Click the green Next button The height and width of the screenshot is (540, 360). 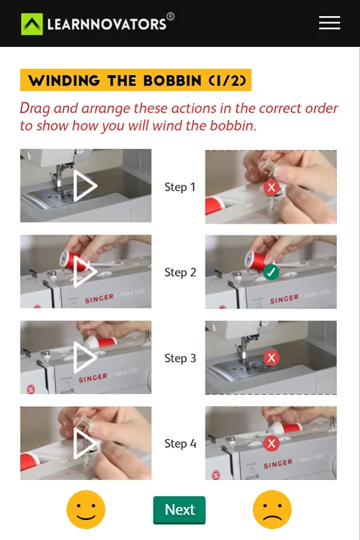(179, 510)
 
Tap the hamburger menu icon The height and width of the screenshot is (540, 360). (329, 23)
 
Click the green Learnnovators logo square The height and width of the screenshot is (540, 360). (32, 24)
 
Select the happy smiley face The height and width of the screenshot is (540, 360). (86, 509)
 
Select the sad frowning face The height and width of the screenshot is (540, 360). (272, 509)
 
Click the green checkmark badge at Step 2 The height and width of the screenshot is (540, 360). (271, 272)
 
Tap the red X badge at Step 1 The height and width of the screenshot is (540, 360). (271, 187)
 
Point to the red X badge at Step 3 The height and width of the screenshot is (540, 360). (271, 358)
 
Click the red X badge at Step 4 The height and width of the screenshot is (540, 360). (271, 443)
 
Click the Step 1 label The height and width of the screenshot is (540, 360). (180, 187)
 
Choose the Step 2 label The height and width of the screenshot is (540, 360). (180, 272)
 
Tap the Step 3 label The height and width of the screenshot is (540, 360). (180, 358)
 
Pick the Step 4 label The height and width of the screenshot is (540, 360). (180, 443)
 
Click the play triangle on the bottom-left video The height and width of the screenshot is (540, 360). (83, 443)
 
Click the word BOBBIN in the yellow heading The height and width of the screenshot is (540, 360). (172, 80)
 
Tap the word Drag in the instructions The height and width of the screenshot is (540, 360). (35, 109)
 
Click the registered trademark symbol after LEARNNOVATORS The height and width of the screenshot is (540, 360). (170, 17)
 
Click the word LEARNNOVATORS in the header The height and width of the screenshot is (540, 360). (107, 25)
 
